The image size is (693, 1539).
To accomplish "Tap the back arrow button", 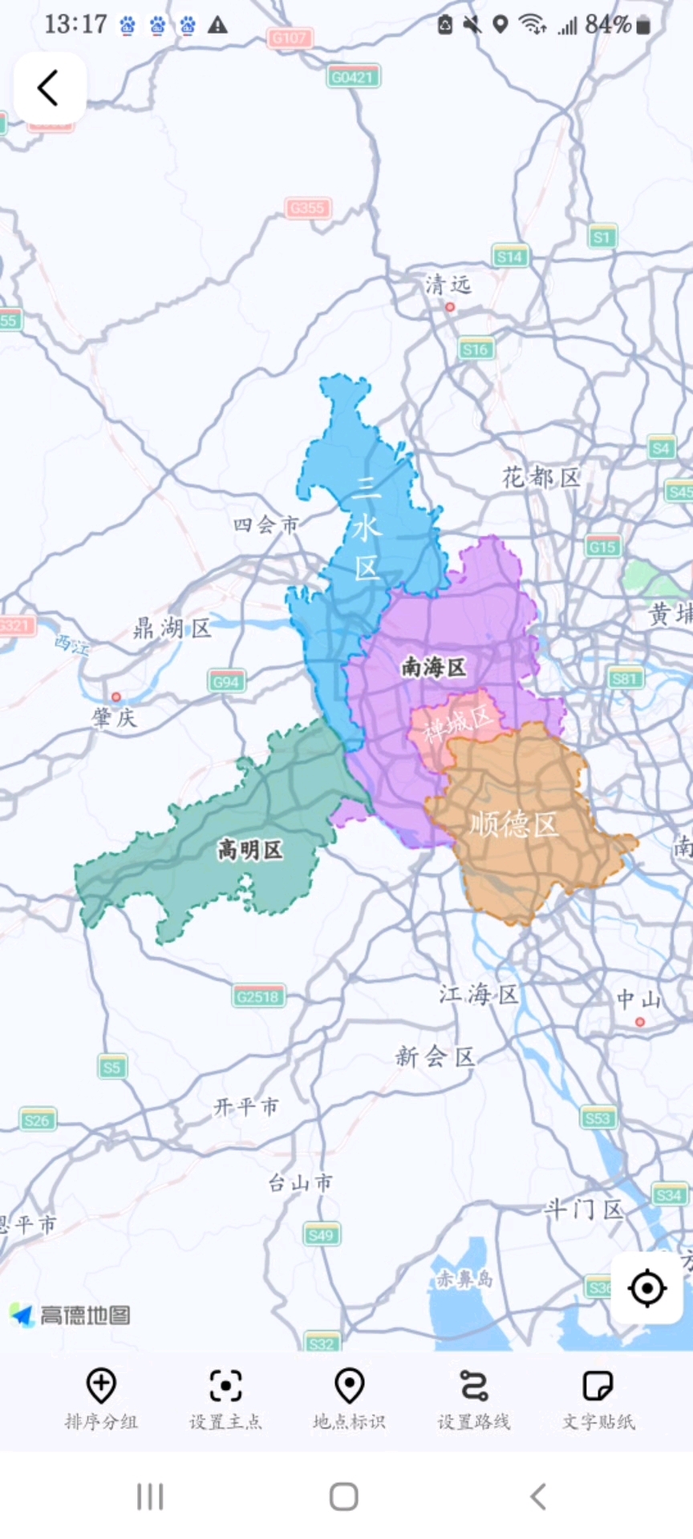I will coord(49,87).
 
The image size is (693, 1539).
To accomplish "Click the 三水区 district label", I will coord(366,527).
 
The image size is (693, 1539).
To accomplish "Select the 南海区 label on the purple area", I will coord(433,667).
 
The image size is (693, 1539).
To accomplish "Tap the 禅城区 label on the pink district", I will coord(457,724).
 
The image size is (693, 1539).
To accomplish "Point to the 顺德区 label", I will coord(513,824).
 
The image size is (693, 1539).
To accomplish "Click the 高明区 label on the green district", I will coord(250,850).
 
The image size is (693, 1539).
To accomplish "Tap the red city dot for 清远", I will coord(450,307).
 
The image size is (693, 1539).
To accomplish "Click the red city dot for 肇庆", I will coord(116,697).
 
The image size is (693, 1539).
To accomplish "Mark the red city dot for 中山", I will coord(639,1022).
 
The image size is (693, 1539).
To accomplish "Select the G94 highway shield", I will coord(226,682).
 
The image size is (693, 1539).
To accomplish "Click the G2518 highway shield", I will coord(258,997).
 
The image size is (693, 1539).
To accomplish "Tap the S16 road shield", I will coord(476,349).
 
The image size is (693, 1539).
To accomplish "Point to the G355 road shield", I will coord(308,208).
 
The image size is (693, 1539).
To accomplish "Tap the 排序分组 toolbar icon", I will coord(101,1386).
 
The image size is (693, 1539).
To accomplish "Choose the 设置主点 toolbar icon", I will coord(225,1386).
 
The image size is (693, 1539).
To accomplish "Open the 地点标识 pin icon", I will coord(350,1386).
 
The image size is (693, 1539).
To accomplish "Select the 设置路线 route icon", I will coord(474,1386).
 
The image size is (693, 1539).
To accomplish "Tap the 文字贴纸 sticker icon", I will coord(598,1386).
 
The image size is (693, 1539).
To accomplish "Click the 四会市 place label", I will coord(265,525).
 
